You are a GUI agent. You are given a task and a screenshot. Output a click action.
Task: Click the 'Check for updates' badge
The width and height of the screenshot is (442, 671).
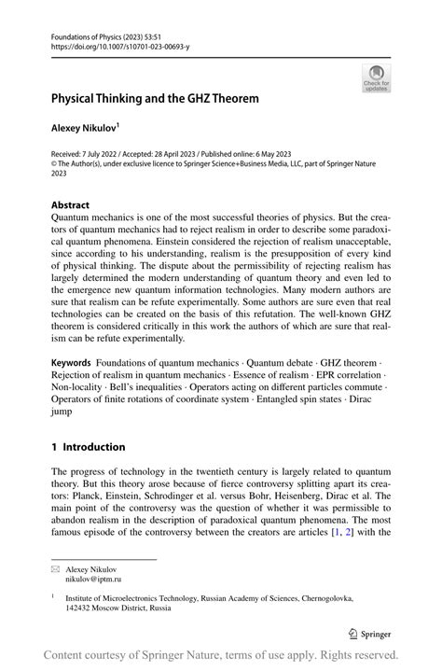click(x=376, y=77)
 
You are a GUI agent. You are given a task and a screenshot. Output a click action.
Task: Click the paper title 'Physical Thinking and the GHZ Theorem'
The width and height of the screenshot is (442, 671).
click(x=155, y=97)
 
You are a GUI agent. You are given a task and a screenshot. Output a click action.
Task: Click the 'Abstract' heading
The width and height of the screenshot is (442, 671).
click(x=70, y=204)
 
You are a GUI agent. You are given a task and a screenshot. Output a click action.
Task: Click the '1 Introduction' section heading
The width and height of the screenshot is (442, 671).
click(x=88, y=447)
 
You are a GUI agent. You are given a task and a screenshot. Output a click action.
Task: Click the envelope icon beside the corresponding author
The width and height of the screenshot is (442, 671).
click(x=56, y=568)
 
